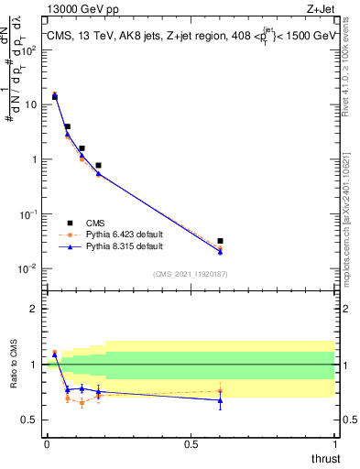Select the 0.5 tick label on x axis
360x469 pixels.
[191, 443]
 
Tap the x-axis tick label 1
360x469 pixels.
[334, 443]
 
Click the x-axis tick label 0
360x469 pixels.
[47, 443]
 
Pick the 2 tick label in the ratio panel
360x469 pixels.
[34, 309]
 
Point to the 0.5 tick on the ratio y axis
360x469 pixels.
[29, 420]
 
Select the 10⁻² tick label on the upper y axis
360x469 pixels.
[30, 268]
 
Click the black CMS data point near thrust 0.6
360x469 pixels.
[220, 241]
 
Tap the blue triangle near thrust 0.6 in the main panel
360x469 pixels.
[220, 252]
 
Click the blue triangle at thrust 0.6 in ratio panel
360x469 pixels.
[220, 400]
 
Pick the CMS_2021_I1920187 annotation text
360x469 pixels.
[189, 273]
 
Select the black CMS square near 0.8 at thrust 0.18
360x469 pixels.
[98, 166]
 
